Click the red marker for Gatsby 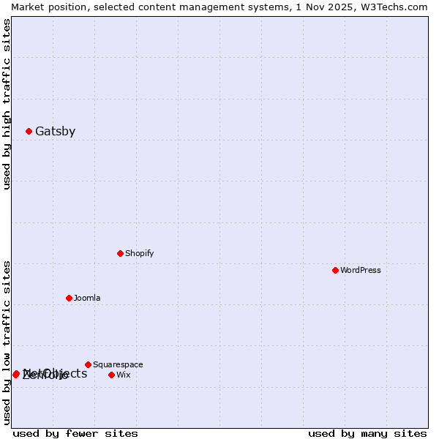(x=29, y=132)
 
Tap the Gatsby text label (x=56, y=132)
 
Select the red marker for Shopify (x=121, y=254)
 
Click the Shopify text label (x=140, y=254)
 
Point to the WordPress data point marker (x=336, y=271)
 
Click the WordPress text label (x=361, y=271)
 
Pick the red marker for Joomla (x=70, y=299)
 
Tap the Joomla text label (x=87, y=299)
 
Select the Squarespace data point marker (x=89, y=365)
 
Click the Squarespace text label (x=118, y=365)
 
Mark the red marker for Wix (x=112, y=375)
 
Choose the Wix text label (x=124, y=375)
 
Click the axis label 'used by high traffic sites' (x=7, y=104)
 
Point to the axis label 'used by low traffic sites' (x=7, y=342)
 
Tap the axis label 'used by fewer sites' (x=75, y=434)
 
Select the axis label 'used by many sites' (x=367, y=434)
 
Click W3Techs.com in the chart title (x=398, y=7)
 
